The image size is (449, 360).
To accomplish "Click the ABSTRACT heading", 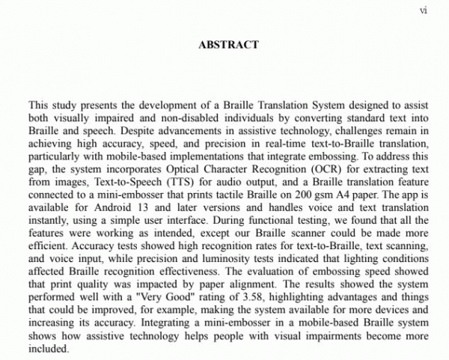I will tap(228, 45).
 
